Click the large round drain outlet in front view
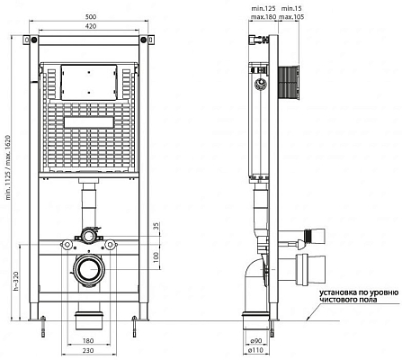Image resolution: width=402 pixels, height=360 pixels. (90, 271)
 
